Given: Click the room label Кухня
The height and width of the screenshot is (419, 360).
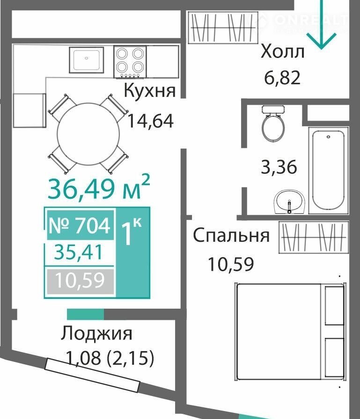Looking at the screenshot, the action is (x=150, y=90).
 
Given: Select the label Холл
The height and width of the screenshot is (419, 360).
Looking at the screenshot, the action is (x=282, y=51).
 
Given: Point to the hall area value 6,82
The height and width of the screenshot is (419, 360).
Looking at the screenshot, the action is (x=282, y=78).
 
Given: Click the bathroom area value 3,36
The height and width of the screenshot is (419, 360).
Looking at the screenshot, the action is (x=279, y=167).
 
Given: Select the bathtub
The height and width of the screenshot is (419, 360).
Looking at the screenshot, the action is (x=329, y=170).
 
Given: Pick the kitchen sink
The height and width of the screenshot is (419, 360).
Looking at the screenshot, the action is (x=87, y=60).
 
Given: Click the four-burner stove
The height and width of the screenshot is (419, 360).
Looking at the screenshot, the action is (x=130, y=62).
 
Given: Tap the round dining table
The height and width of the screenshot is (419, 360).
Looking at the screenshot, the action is (x=88, y=134).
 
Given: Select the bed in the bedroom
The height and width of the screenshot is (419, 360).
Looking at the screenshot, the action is (x=290, y=332).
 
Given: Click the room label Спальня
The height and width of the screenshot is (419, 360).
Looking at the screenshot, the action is (x=231, y=236).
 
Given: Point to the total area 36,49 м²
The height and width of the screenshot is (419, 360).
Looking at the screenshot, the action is (x=99, y=188).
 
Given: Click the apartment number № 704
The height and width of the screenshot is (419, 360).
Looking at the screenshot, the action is (x=80, y=225).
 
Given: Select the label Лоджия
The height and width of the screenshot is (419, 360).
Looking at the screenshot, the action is (x=96, y=334).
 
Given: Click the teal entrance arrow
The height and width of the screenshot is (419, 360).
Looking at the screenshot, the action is (x=321, y=25).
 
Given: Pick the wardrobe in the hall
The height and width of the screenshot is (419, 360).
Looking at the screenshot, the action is (x=223, y=27).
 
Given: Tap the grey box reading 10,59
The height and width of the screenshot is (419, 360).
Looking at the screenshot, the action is (x=80, y=281).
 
